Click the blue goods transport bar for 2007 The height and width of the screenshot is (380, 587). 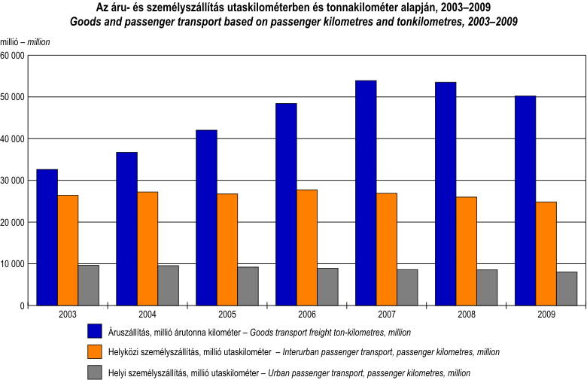pyautogui.click(x=366, y=193)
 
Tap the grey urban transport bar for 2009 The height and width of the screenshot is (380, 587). pyautogui.click(x=567, y=288)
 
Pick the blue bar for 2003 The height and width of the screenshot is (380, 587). pyautogui.click(x=47, y=237)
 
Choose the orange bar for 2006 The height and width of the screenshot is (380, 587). pyautogui.click(x=307, y=248)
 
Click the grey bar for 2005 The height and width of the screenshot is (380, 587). pyautogui.click(x=248, y=286)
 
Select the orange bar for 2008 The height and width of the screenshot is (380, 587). pyautogui.click(x=467, y=251)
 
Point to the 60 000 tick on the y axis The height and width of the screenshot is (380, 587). pyautogui.click(x=13, y=56)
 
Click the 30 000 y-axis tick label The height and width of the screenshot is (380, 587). pyautogui.click(x=13, y=181)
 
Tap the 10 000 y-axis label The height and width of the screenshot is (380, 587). pyautogui.click(x=13, y=264)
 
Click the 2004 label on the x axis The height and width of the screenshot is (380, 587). pyautogui.click(x=148, y=314)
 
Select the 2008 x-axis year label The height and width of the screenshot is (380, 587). pyautogui.click(x=467, y=314)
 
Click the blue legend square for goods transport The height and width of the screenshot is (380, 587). pyautogui.click(x=95, y=331)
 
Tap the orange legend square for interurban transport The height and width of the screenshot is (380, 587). pyautogui.click(x=95, y=351)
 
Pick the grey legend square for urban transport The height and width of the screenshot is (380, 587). pyautogui.click(x=95, y=372)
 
